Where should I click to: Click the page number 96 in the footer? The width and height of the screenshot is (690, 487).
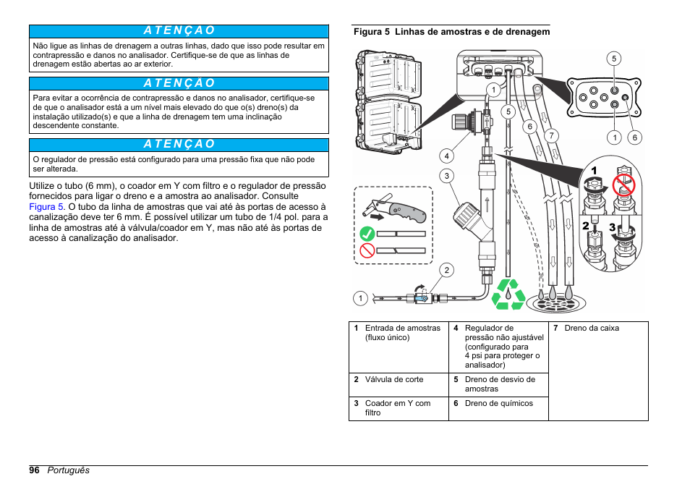pyautogui.click(x=34, y=470)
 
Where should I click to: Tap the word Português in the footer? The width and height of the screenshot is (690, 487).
pyautogui.click(x=69, y=470)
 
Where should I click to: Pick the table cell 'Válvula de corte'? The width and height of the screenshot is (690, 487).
pyautogui.click(x=394, y=379)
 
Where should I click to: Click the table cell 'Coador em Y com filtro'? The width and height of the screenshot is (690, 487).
pyautogui.click(x=397, y=408)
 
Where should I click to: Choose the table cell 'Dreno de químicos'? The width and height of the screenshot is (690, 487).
pyautogui.click(x=498, y=404)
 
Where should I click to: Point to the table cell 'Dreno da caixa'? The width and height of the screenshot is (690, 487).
pyautogui.click(x=592, y=329)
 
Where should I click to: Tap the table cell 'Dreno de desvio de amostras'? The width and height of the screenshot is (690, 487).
pyautogui.click(x=500, y=384)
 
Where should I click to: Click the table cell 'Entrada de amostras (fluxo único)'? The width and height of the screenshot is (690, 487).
pyautogui.click(x=402, y=333)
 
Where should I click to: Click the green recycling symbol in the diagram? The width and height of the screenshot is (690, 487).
pyautogui.click(x=508, y=295)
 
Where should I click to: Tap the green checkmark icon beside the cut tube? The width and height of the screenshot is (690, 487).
pyautogui.click(x=367, y=234)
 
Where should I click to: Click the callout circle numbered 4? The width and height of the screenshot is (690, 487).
pyautogui.click(x=448, y=155)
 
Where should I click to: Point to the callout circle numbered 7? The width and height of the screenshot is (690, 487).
pyautogui.click(x=551, y=135)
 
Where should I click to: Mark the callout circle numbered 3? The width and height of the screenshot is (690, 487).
pyautogui.click(x=448, y=176)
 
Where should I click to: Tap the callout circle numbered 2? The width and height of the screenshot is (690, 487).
pyautogui.click(x=448, y=271)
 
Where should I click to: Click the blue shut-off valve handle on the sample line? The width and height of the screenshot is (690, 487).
pyautogui.click(x=421, y=297)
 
